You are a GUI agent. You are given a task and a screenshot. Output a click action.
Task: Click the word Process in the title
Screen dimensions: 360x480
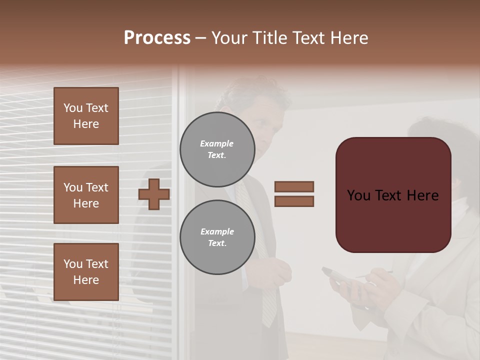coord(157,38)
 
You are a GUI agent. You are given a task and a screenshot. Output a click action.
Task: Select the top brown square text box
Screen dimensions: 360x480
coord(86,116)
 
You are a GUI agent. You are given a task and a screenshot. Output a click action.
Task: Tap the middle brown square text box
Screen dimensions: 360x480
coord(86,195)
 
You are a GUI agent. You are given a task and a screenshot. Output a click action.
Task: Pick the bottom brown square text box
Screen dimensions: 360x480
coord(86,271)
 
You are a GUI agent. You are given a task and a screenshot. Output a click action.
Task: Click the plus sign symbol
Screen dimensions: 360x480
coord(154,194)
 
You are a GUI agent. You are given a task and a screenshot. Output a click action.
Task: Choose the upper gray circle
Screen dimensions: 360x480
coord(217,149)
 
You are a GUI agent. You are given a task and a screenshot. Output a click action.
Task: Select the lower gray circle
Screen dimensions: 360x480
coord(217,237)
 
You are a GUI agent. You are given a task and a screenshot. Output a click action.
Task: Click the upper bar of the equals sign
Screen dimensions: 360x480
coord(294,186)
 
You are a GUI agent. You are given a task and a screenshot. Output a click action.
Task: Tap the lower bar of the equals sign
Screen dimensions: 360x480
coord(294,201)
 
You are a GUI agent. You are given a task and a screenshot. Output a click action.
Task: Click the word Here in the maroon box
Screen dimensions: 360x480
coord(422,195)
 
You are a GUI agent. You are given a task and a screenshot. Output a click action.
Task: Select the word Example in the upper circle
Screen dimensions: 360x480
coord(217,143)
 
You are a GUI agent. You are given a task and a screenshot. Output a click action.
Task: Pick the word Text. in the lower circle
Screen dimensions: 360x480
coord(217,243)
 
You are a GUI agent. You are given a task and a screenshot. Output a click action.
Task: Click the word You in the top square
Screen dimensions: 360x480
coord(73,108)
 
